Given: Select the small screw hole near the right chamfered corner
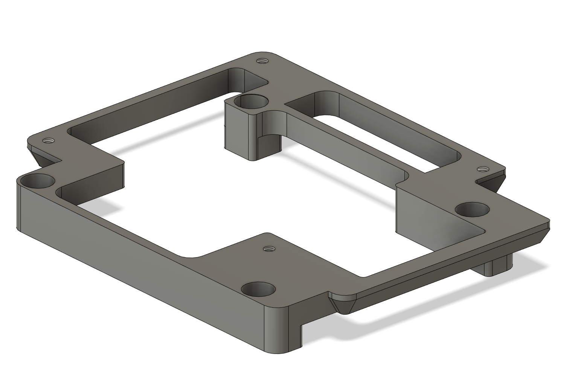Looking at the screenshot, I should click(482, 169).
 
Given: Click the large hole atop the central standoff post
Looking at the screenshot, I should click(251, 101).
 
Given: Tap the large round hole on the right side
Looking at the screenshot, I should click(472, 209).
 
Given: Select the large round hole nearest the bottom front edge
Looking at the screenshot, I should click(258, 290).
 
